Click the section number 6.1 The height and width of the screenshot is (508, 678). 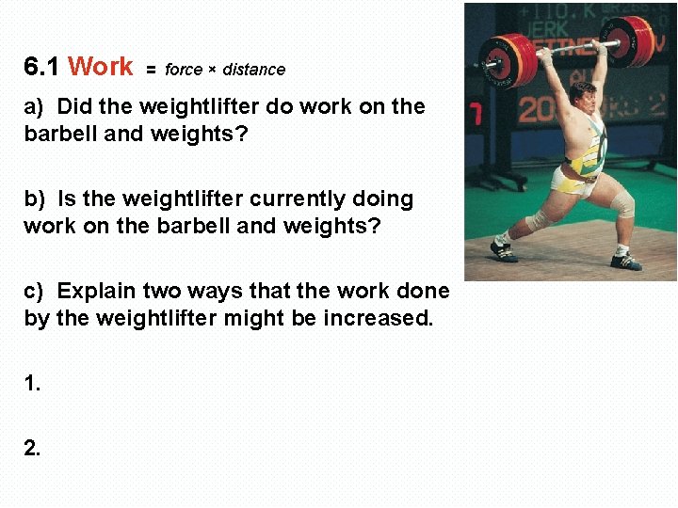tap(41, 67)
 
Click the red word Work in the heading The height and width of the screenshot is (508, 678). tap(101, 67)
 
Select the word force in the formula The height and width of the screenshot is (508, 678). tap(184, 70)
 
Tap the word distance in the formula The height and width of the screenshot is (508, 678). tap(254, 70)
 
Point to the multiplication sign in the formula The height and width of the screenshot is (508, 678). tap(213, 70)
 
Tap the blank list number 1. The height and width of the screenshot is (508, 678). tap(32, 384)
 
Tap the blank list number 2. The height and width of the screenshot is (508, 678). tap(32, 449)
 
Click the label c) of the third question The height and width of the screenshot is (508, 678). tap(35, 291)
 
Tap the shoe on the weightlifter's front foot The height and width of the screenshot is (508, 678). tap(625, 261)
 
